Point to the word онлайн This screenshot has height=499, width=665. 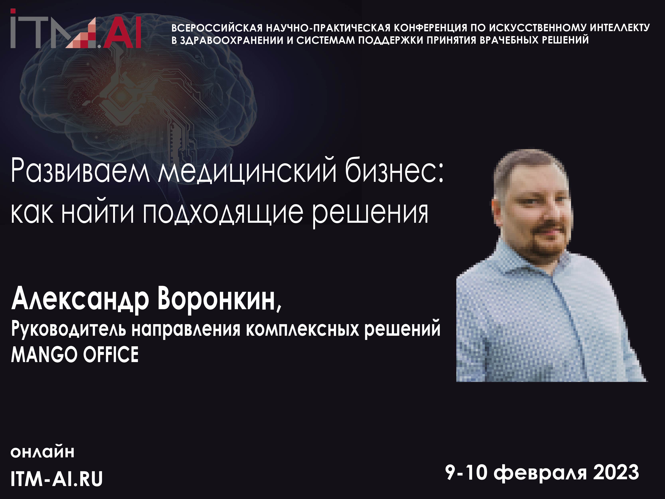pyautogui.click(x=42, y=452)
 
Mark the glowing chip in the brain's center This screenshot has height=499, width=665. pyautogui.click(x=120, y=96)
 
